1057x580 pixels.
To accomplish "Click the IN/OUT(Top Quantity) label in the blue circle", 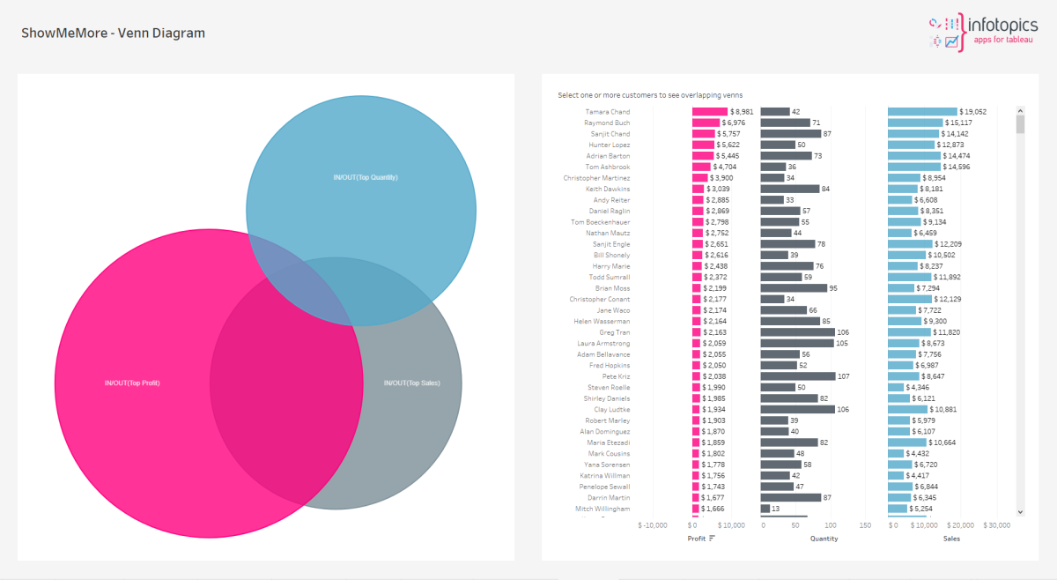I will [366, 177].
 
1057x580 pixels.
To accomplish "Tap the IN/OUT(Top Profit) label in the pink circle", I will [132, 383].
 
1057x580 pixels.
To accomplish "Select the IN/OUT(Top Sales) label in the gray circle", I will [411, 383].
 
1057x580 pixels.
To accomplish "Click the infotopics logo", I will [983, 32].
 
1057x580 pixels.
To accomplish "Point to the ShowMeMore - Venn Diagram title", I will [113, 33].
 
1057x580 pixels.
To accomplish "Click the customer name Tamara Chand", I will [608, 112].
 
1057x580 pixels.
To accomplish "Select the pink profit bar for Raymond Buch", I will [706, 123].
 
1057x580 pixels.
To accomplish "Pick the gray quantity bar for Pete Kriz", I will [797, 376].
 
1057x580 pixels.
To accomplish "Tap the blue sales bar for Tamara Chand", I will [922, 112].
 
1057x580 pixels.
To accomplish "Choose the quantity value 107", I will [845, 376].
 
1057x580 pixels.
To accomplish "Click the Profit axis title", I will [698, 538].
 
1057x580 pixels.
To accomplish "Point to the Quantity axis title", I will [824, 538].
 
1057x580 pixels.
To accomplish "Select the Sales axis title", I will [951, 538].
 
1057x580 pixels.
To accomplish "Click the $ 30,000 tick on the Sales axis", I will [997, 525].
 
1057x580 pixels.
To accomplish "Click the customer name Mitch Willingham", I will [602, 509].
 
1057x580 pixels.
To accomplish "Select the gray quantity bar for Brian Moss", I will [794, 288].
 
